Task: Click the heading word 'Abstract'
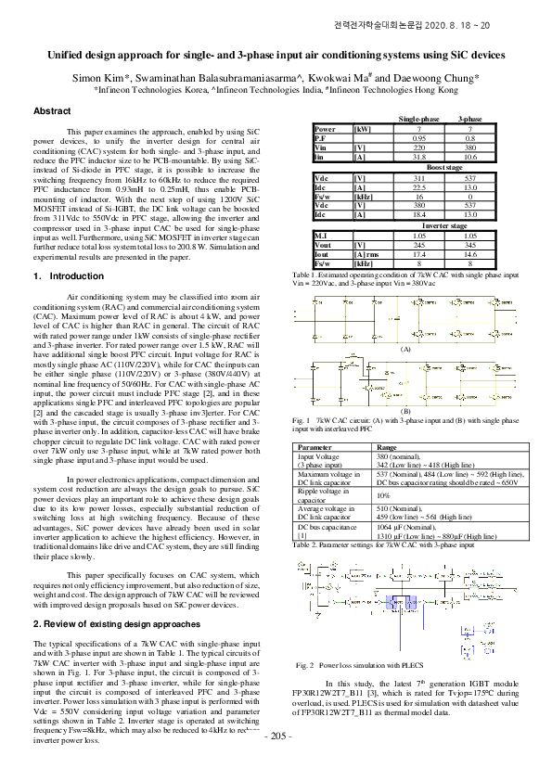[x=52, y=111]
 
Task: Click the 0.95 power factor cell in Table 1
[x=418, y=137]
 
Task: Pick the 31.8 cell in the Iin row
[x=418, y=159]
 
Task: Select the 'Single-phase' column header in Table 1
[x=419, y=121]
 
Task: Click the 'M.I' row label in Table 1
[x=321, y=236]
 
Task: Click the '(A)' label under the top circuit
[x=404, y=348]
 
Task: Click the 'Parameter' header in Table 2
[x=315, y=447]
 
